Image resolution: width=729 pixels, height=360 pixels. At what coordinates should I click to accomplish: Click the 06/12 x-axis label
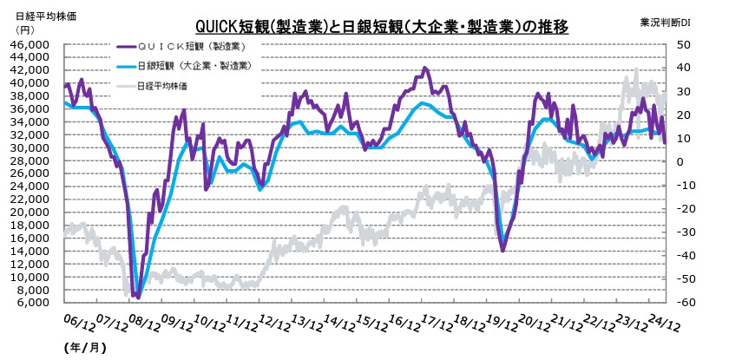pos(76,324)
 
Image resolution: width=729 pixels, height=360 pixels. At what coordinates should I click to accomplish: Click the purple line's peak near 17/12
pos(424,68)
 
